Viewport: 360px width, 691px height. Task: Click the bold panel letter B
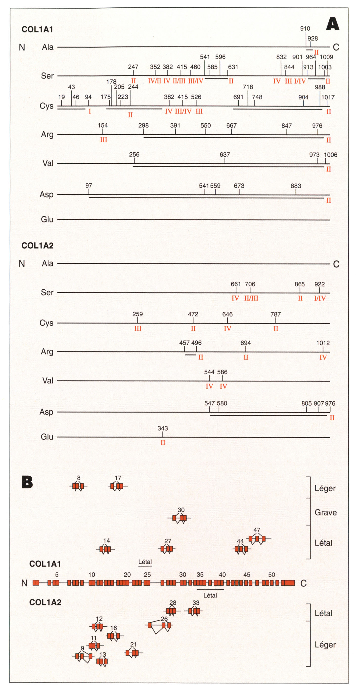pos(27,482)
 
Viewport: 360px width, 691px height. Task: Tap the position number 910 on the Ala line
pos(305,28)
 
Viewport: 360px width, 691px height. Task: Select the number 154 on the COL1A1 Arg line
pos(103,125)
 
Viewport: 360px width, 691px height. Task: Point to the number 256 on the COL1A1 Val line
pos(134,155)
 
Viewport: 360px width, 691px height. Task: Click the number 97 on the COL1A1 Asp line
pos(89,186)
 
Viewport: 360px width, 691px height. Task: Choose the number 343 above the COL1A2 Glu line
pos(162,428)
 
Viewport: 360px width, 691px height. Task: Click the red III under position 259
pos(138,328)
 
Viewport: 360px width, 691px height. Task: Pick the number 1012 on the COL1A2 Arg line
pos(323,343)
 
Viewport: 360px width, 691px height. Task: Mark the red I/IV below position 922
pos(320,298)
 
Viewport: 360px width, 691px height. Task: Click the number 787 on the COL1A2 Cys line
pos(275,314)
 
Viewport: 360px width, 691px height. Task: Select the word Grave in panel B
pos(325,512)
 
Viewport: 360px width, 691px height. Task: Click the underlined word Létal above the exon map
pos(145,562)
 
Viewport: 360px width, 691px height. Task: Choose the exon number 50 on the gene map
pos(271,575)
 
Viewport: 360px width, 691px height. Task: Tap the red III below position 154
pos(104,140)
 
